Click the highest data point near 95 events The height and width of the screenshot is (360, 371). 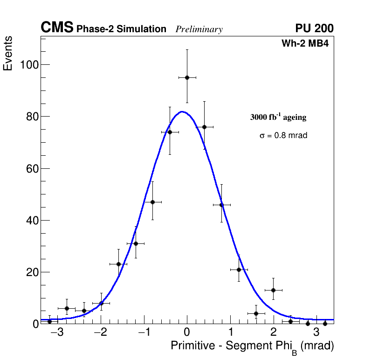(x=187, y=77)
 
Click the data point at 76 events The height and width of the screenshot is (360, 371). (x=204, y=127)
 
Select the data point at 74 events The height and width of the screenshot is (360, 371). (x=170, y=132)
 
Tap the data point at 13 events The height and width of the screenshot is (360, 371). (x=273, y=290)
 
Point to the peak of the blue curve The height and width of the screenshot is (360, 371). (x=182, y=111)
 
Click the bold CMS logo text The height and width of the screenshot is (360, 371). (x=57, y=28)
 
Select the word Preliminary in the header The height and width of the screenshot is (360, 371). (x=199, y=29)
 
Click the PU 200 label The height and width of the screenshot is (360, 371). (x=315, y=28)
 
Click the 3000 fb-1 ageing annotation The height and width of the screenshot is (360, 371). (x=278, y=117)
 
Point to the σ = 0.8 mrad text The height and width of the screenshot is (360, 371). (x=283, y=136)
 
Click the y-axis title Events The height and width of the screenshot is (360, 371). (x=8, y=54)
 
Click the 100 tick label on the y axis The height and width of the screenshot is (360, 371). (x=28, y=64)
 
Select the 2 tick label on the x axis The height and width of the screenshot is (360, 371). (x=273, y=333)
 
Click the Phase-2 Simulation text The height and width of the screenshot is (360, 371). (x=121, y=29)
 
